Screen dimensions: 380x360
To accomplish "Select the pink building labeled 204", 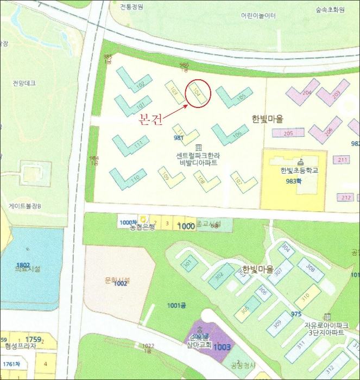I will pyautogui.click(x=304, y=93).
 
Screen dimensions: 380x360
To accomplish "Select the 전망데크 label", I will pyautogui.click(x=24, y=83).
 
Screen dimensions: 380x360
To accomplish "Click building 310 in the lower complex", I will pyautogui.click(x=306, y=297).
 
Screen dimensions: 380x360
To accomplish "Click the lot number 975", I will pyautogui.click(x=296, y=314).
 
